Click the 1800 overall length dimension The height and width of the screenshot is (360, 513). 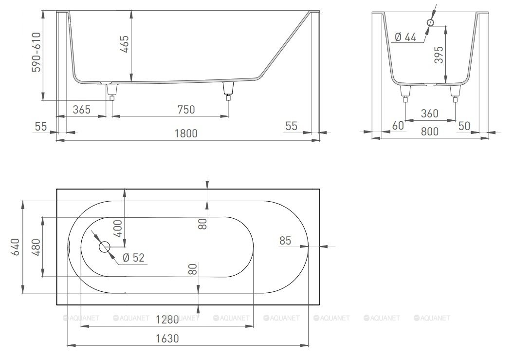coord(186,133)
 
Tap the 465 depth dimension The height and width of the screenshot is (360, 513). coord(125,44)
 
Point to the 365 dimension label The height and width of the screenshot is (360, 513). coord(81,110)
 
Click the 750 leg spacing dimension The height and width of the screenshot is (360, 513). coord(186,110)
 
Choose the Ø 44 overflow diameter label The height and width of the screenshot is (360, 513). coord(405,37)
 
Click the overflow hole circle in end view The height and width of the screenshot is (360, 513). coord(431,22)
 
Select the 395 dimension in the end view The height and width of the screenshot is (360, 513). coord(439,55)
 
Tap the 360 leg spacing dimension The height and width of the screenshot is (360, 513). coord(430,114)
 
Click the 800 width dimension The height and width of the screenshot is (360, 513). coord(430,132)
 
